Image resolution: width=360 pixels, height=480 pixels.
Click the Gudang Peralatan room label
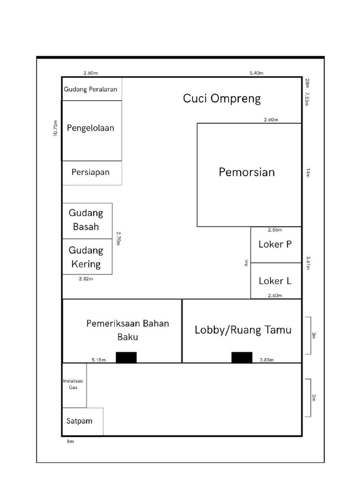pos(90,90)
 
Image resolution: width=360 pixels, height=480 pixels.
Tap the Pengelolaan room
pos(92,131)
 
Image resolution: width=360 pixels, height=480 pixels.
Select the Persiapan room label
pos(90,172)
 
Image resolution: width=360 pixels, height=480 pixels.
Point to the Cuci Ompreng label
pos(222,98)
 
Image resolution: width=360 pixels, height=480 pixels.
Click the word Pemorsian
pos(247,172)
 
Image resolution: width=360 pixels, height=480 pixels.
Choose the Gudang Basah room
pos(87,221)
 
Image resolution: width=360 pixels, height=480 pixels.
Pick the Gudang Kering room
pos(87,256)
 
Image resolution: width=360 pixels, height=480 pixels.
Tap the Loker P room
pos(276,245)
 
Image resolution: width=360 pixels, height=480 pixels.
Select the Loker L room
pos(276,281)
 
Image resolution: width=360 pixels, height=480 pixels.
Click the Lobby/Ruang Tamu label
pos(243,330)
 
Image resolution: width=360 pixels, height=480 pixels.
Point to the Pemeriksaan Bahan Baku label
pos(127,330)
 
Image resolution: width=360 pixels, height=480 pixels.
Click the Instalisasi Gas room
pos(75,385)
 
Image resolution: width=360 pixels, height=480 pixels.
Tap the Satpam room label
pos(79,421)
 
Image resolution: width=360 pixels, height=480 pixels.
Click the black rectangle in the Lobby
pos(242,357)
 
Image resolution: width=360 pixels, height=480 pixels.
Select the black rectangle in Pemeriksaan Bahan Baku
pos(126,357)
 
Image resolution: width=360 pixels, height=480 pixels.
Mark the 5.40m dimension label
pos(256,73)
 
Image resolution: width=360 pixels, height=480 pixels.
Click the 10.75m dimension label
pos(55,128)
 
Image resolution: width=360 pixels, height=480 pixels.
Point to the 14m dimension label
pos(308,172)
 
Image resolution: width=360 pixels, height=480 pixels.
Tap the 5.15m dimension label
pos(98,360)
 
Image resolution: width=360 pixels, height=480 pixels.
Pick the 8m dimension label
pos(70,441)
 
